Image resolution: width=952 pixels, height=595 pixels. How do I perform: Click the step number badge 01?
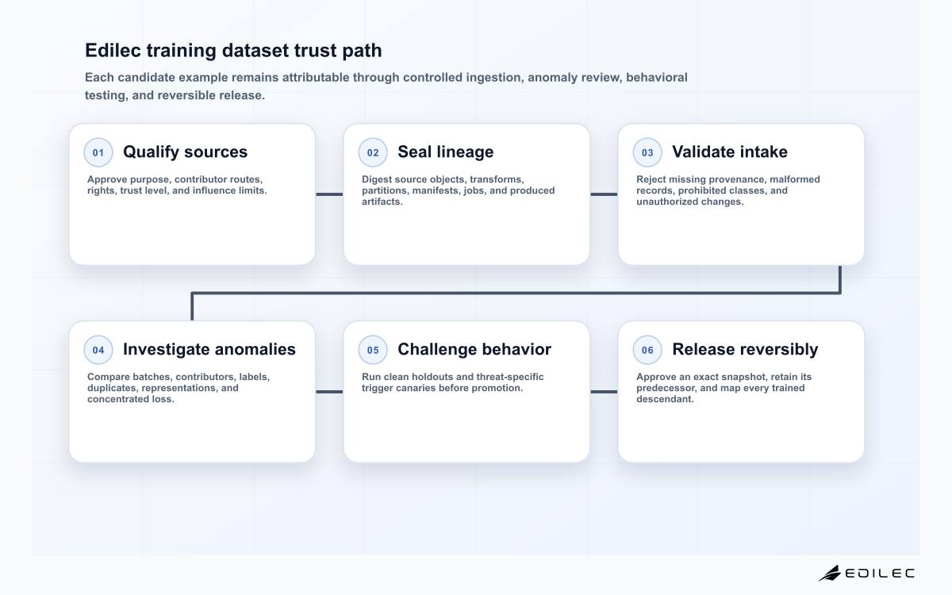coord(98,152)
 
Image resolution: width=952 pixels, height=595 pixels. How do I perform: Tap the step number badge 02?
coord(373,152)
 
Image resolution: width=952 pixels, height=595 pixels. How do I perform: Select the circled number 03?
coord(647,152)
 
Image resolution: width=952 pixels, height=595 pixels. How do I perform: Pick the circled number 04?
coord(98,350)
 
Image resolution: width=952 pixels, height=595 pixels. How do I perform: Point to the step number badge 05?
coord(373,350)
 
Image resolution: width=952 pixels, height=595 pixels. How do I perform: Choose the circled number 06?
coord(647,350)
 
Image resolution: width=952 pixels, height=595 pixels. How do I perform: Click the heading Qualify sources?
coord(186,152)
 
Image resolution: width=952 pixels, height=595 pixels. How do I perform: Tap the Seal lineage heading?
coord(445,152)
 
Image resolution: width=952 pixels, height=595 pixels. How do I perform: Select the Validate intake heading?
coord(730,152)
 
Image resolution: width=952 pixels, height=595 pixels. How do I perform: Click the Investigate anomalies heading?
coord(209,349)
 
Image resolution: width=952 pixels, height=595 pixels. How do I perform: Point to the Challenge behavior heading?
coord(474,349)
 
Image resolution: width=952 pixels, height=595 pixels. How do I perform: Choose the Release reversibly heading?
coord(745,349)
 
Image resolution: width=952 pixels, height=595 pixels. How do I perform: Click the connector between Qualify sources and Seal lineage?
coord(329,194)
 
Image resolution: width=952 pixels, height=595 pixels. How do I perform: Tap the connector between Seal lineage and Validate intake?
coord(604,194)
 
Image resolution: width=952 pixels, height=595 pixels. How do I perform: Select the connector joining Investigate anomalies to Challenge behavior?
coord(329,392)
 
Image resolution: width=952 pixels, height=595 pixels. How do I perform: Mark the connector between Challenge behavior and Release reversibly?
coord(604,392)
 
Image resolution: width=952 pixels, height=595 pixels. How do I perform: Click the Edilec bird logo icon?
coord(830,574)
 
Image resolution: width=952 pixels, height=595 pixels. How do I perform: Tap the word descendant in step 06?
coord(665,399)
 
